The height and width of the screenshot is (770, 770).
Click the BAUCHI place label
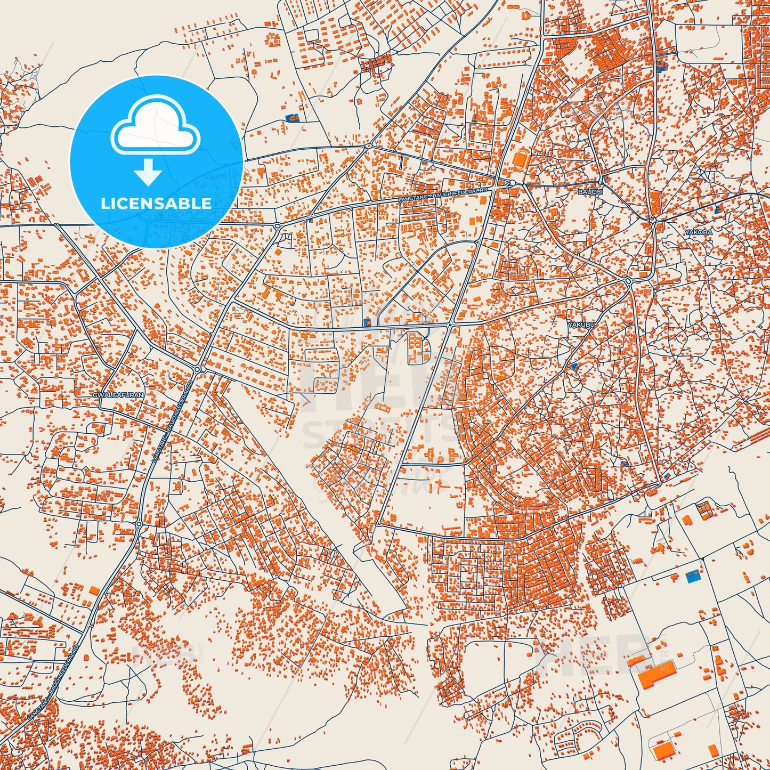click(590, 191)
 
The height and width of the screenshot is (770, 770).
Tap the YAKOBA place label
click(699, 232)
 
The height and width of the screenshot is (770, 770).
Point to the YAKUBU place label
click(580, 324)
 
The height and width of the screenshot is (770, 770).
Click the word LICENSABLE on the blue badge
click(156, 203)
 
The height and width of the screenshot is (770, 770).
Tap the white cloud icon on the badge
click(155, 127)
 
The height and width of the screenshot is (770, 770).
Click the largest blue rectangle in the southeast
click(693, 576)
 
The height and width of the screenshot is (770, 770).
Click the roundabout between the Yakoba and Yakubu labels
click(628, 281)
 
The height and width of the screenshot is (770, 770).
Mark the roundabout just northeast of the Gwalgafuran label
click(197, 369)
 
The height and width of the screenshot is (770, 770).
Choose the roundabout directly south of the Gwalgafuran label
click(139, 524)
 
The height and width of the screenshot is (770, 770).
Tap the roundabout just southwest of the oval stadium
click(496, 184)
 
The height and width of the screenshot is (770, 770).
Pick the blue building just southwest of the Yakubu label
click(573, 367)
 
